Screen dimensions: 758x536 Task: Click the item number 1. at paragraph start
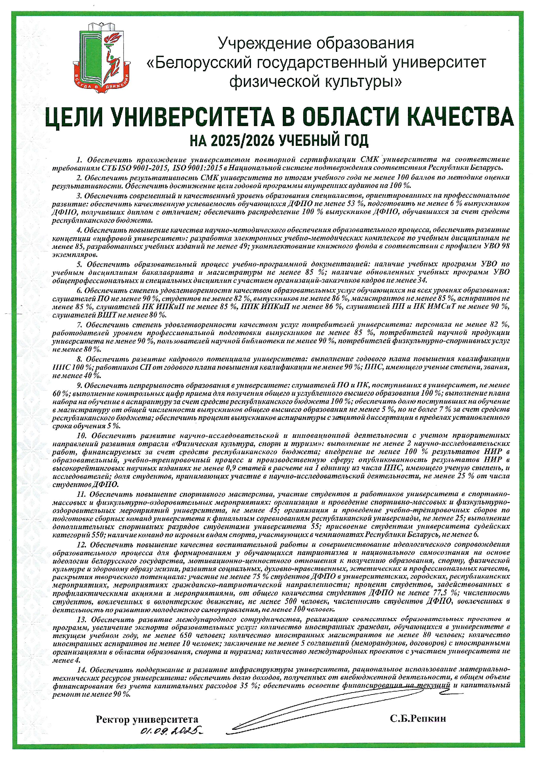(x=79, y=160)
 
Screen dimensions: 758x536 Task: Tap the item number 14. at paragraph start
(x=82, y=670)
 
